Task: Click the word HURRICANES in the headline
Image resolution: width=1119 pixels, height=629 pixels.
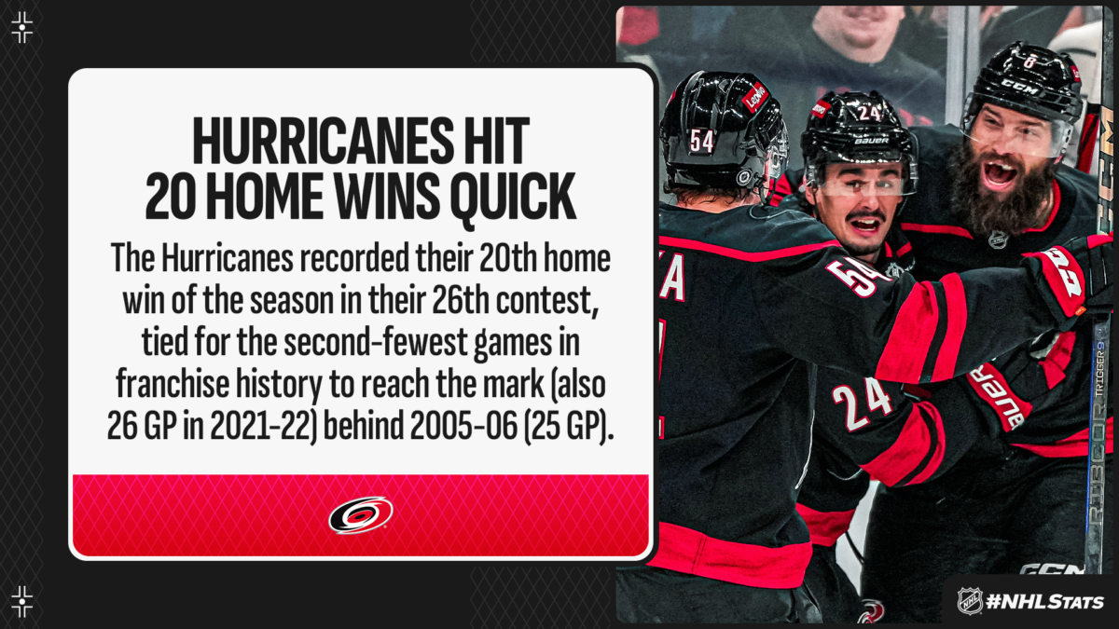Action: click(x=316, y=141)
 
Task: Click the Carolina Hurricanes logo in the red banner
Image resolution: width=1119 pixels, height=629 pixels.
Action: click(x=361, y=514)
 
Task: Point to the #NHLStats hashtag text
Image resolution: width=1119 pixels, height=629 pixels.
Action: click(x=1045, y=602)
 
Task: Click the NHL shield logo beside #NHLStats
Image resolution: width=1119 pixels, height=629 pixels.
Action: click(x=970, y=601)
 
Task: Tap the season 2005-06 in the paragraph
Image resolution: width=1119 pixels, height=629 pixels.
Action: click(x=463, y=427)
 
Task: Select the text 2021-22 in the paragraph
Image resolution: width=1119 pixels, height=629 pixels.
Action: click(x=260, y=427)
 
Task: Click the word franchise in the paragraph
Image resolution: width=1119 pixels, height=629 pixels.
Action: click(x=173, y=384)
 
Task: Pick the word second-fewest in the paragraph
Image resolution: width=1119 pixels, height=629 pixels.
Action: click(x=376, y=343)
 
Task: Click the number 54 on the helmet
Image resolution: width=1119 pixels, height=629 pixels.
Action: click(x=701, y=142)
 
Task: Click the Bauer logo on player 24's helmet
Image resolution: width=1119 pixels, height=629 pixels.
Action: click(x=871, y=142)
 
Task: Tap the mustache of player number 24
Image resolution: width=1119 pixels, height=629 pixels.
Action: click(x=867, y=216)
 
